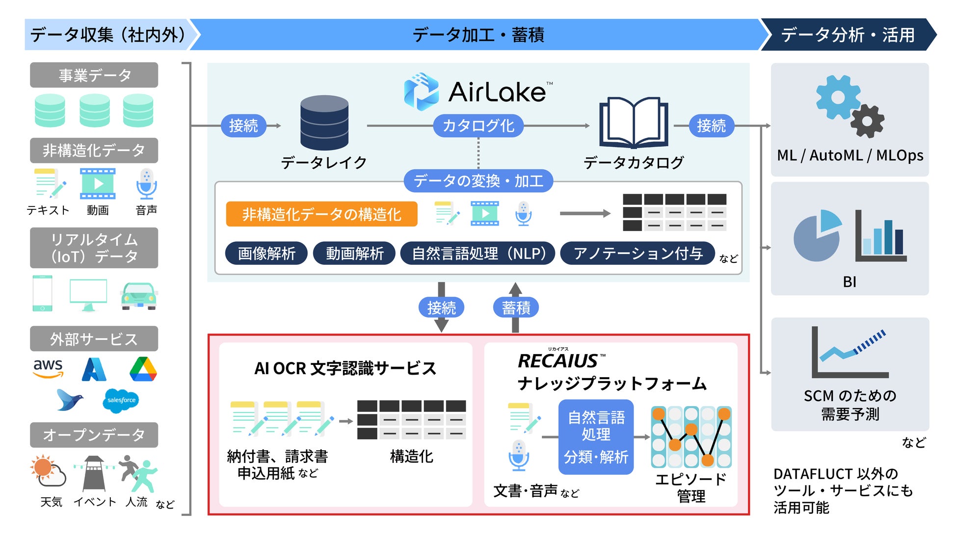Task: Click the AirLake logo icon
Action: pos(421,92)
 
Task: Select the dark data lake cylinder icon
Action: pos(324,122)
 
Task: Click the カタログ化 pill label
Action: pos(478,126)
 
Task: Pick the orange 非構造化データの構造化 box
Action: pos(321,214)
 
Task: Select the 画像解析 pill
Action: pos(266,254)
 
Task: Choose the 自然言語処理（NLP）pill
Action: pos(478,254)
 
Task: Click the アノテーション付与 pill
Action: pos(637,254)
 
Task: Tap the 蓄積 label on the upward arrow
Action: pos(516,308)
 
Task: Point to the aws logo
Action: pos(48,368)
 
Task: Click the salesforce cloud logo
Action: pos(121,400)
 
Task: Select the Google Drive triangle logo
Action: pos(143,369)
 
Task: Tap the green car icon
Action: pos(139,296)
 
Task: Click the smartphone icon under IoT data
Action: pos(43,293)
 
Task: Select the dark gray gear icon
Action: pos(867,121)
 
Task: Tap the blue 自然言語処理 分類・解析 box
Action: pos(596,437)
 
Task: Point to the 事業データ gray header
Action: pos(94,75)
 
